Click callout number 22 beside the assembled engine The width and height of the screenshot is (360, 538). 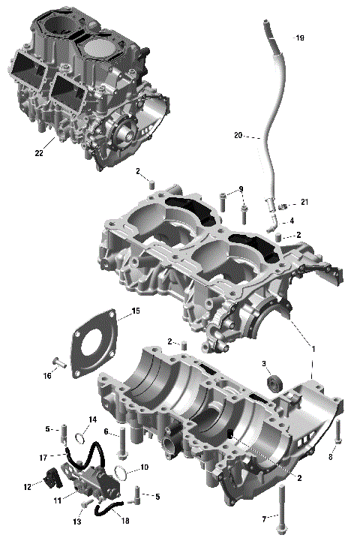pos(38,154)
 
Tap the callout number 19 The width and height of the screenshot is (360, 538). pos(300,38)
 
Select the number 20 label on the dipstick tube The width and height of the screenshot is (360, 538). pos(238,136)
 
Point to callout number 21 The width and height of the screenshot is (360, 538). pos(304,203)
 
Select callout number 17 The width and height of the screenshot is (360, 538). pos(42,456)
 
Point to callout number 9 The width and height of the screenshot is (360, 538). pos(241,188)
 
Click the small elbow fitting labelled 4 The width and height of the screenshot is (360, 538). pos(274,223)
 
